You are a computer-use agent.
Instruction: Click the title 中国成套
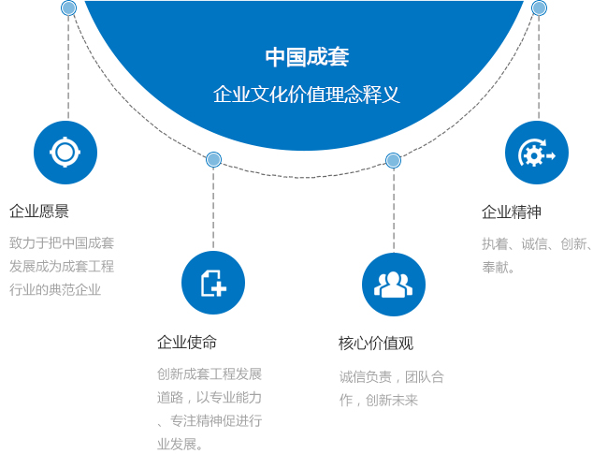pos(307,57)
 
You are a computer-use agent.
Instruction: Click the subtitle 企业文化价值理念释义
pos(307,95)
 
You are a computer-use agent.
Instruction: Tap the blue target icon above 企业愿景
pos(65,153)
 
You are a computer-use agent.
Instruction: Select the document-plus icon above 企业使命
pos(213,283)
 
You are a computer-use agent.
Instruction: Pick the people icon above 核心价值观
pos(394,284)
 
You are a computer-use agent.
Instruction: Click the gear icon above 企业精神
pos(537,153)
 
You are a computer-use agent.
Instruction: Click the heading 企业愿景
pos(39,212)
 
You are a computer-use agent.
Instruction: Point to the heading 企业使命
pos(187,343)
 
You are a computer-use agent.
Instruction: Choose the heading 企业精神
pos(512,212)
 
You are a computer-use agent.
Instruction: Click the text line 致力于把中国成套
pos(62,242)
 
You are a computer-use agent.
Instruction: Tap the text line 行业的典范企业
pos(55,289)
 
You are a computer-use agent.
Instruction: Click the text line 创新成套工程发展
pos(210,373)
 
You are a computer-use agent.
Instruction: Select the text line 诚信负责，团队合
pos(392,377)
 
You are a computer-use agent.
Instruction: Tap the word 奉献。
pos(499,267)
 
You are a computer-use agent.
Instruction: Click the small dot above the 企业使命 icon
pos(213,159)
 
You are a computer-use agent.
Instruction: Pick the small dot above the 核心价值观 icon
pos(393,160)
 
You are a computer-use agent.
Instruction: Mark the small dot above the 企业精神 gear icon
pos(539,7)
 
